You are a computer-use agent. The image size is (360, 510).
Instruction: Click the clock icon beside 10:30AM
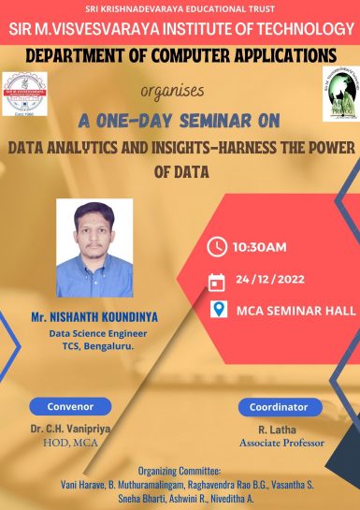click(217, 247)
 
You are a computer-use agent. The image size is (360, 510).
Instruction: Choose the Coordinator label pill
click(279, 407)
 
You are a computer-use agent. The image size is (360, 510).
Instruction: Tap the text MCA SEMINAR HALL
click(295, 311)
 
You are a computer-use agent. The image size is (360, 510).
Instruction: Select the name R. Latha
click(279, 428)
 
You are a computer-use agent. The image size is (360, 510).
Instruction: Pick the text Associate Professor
click(279, 441)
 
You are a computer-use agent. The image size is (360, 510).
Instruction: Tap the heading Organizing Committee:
click(180, 471)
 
